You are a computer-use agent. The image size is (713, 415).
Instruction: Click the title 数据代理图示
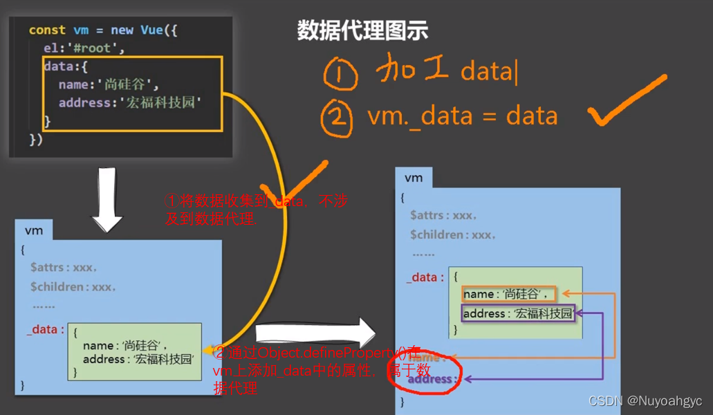pos(362,30)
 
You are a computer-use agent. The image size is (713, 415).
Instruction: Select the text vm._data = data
pos(463,116)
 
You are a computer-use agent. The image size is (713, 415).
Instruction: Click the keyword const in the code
pos(47,30)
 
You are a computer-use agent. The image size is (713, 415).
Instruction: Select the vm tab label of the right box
pos(414,178)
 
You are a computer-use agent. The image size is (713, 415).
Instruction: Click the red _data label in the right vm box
pos(425,277)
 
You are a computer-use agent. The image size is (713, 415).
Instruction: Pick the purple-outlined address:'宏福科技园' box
pos(518,314)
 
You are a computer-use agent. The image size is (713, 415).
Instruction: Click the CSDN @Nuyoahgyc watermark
pos(645,401)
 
